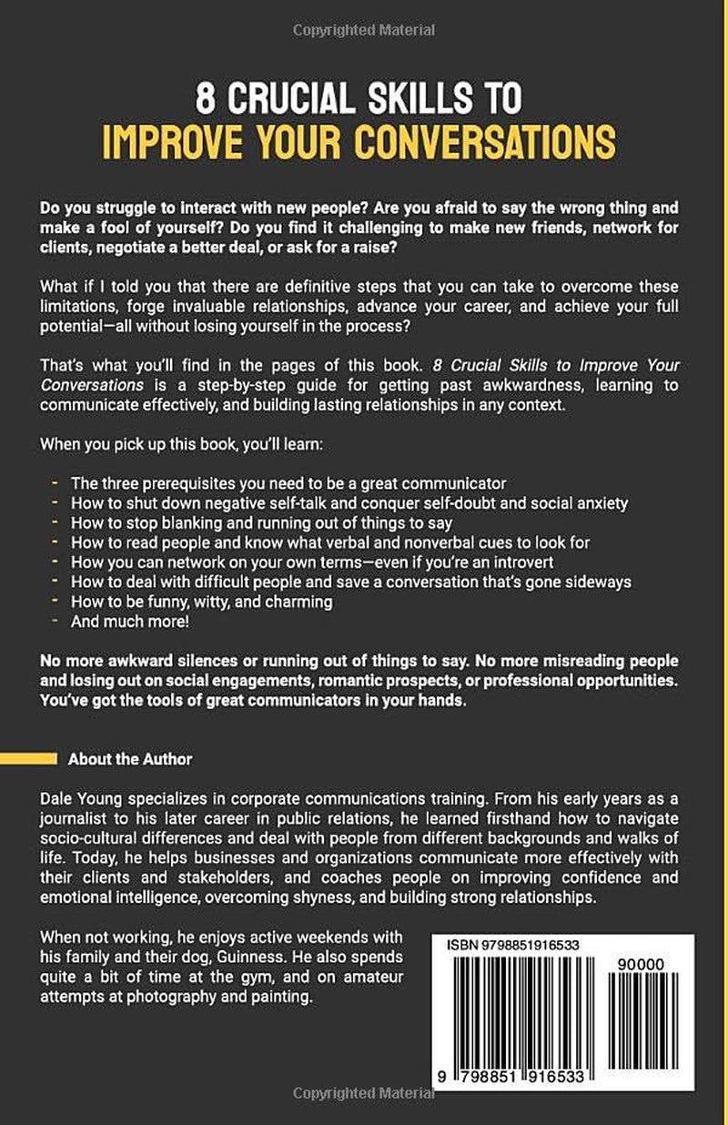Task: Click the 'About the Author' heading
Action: tap(130, 758)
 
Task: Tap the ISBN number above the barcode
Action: tap(515, 946)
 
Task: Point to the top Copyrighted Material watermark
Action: tap(364, 31)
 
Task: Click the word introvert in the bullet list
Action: tap(523, 562)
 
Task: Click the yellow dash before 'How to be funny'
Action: tap(59, 602)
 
